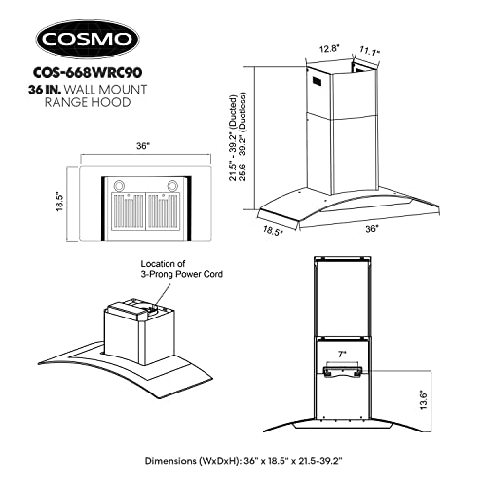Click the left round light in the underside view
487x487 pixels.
(122, 182)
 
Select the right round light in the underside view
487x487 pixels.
(173, 182)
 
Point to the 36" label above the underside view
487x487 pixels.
(143, 146)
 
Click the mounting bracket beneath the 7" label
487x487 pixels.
(341, 368)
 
